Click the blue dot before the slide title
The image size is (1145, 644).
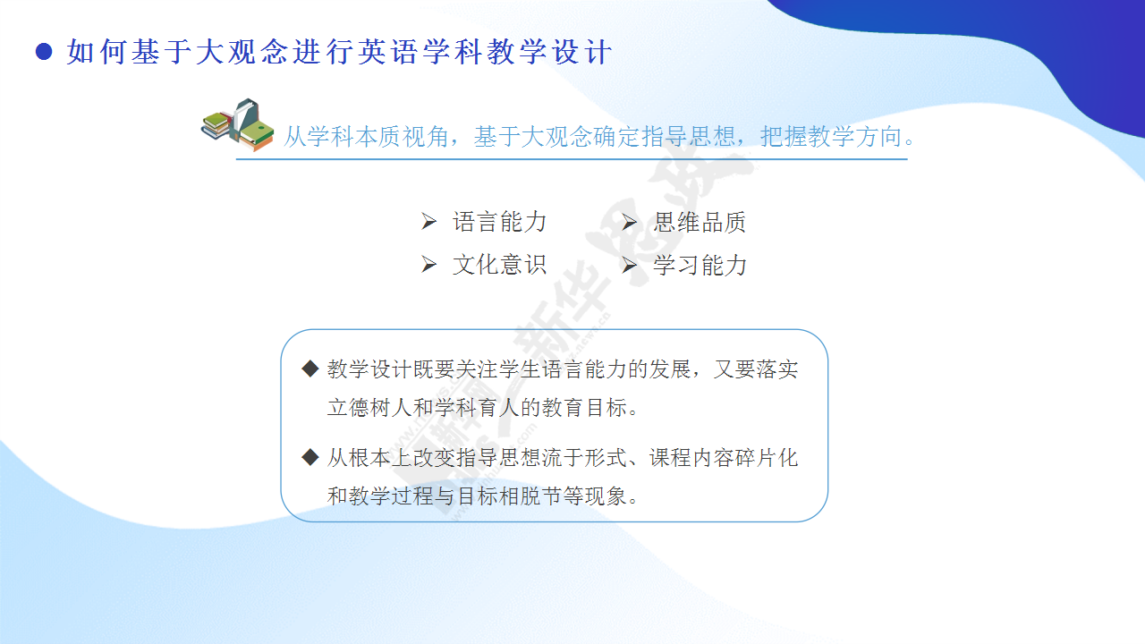[x=44, y=52]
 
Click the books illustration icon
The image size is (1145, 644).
[x=237, y=124]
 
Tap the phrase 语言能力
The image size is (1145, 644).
[x=499, y=222]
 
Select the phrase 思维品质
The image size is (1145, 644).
[x=700, y=222]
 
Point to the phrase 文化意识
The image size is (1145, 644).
[x=499, y=265]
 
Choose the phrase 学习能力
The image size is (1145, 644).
[x=700, y=265]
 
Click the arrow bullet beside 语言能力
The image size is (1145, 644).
[x=428, y=221]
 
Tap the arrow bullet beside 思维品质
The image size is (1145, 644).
[x=629, y=221]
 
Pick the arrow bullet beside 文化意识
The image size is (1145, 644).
[x=428, y=264]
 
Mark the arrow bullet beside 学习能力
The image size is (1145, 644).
[x=629, y=264]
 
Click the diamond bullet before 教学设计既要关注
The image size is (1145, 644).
[x=310, y=369]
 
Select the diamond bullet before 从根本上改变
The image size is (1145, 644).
[x=310, y=457]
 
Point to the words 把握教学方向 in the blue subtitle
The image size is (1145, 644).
[x=831, y=137]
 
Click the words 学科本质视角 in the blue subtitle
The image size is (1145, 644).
[x=378, y=137]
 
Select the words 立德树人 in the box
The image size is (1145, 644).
[x=369, y=407]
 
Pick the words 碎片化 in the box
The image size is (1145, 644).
[x=766, y=457]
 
